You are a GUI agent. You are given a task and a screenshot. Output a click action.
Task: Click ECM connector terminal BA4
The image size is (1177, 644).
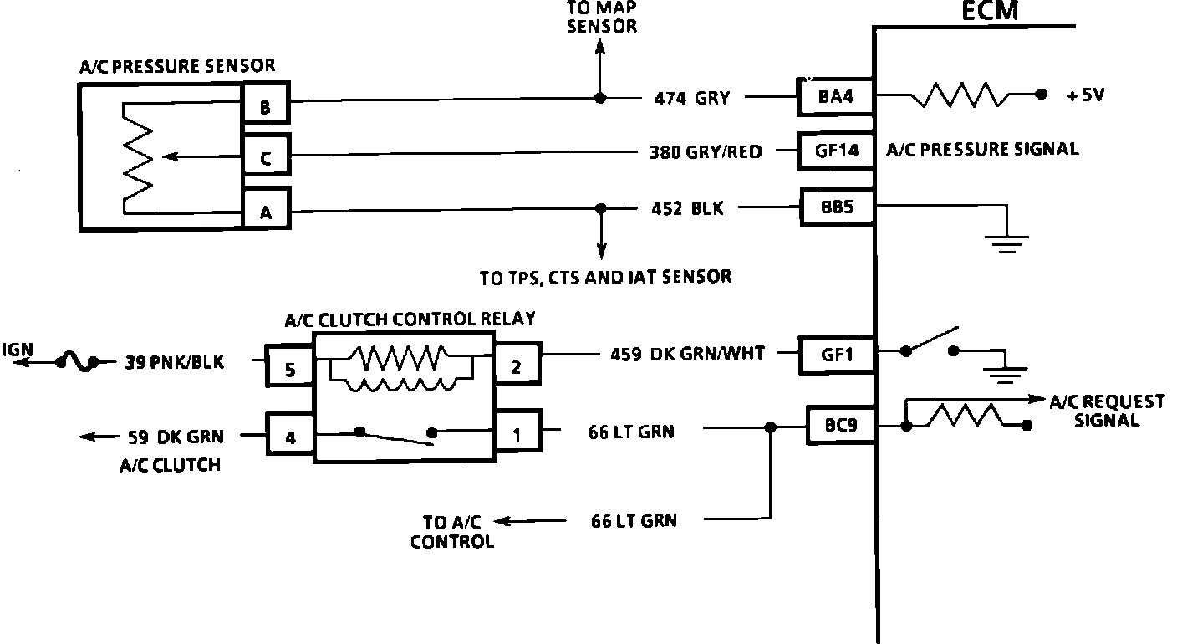coord(834,98)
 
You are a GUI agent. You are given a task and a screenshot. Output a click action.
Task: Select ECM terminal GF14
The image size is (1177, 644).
coord(834,151)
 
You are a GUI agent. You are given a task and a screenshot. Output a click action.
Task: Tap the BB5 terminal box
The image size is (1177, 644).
coord(837,207)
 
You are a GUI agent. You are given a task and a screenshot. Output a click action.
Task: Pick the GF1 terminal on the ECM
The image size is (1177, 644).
coord(837,354)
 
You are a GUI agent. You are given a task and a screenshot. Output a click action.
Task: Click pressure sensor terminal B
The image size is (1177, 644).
coord(265,105)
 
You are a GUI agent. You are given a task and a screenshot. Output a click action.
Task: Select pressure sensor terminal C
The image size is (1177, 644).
coord(265,158)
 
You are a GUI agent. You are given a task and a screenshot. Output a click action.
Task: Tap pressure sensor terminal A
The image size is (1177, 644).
coord(265,212)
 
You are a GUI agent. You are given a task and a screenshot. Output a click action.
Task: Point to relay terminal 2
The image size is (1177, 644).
coord(517,365)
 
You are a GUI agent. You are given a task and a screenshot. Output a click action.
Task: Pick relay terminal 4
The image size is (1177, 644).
coord(290,436)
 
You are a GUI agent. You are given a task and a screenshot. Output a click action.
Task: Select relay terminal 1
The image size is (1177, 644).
coord(517,433)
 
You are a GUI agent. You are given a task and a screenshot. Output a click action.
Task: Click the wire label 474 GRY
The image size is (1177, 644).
coord(692,99)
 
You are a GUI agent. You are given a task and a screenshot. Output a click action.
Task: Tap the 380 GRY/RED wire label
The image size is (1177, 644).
coord(706,152)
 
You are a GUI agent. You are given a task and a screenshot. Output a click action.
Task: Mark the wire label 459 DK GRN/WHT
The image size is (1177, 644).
coord(687,354)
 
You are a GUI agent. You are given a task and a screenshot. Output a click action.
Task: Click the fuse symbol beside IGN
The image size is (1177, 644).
coord(78,363)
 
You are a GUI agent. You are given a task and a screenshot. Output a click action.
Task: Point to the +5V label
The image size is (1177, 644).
coord(1085,95)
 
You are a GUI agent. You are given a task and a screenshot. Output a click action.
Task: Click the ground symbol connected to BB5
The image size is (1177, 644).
coord(1006,242)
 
